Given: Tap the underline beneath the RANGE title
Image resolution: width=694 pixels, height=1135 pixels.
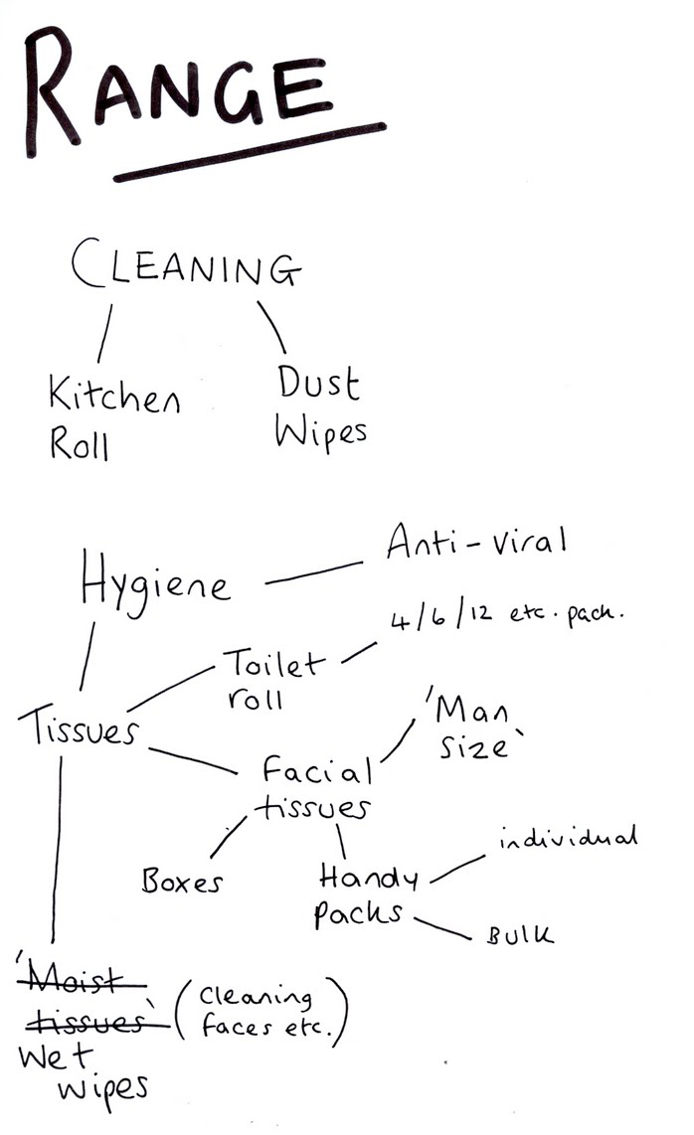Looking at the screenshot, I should coord(249,152).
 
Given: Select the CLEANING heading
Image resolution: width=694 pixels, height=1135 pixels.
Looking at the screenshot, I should coord(185,267).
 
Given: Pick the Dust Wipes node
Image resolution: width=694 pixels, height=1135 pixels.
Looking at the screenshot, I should coord(319,406).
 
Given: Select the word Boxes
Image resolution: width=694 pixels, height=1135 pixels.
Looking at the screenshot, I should coord(183,881).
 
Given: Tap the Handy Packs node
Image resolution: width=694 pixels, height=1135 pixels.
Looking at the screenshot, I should coord(365,894).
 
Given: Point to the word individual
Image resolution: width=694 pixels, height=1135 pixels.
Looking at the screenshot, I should coord(568,840).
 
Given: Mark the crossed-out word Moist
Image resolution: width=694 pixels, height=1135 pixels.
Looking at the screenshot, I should coord(83,981).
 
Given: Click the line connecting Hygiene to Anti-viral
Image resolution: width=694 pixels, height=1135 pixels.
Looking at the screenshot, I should coord(313,573).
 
